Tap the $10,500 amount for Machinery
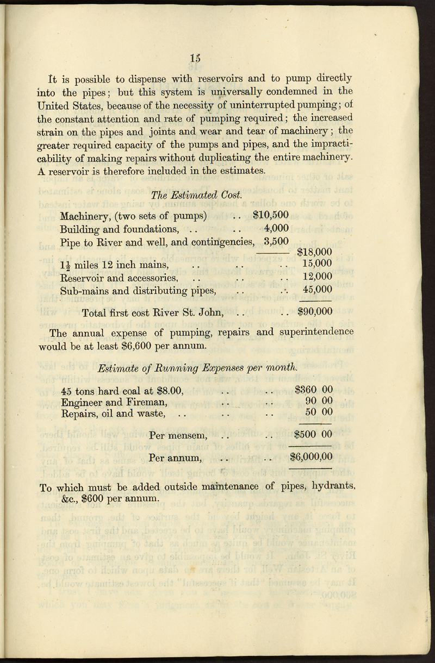pos(271,215)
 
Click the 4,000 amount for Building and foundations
pos(276,228)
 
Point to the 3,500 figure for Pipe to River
pos(276,241)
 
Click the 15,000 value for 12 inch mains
pos(317,264)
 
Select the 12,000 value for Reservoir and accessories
pos(317,277)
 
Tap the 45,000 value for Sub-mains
pos(317,290)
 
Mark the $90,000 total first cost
pos(315,312)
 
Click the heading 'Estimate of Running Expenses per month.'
pos(198,368)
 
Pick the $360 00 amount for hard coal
pos(313,390)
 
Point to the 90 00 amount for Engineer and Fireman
pos(319,401)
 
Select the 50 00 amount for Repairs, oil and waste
pos(319,413)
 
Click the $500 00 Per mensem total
pos(313,435)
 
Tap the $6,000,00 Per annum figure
pos(311,458)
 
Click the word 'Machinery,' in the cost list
pos(85,215)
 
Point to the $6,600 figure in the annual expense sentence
pos(144,345)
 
